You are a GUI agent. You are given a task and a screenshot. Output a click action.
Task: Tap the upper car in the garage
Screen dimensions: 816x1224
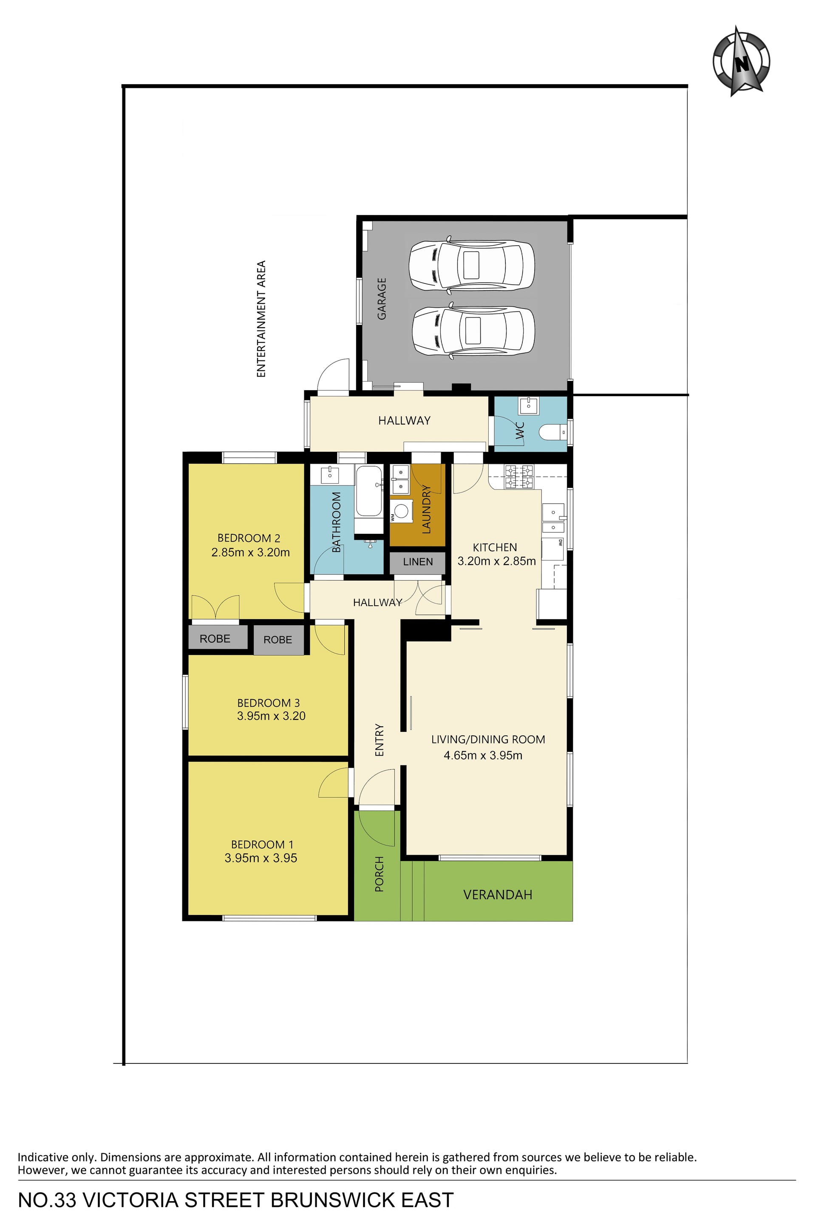click(x=471, y=264)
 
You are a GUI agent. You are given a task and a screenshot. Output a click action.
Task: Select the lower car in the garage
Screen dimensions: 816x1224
click(x=473, y=331)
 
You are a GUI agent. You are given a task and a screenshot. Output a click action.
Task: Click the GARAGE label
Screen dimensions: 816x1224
click(x=382, y=299)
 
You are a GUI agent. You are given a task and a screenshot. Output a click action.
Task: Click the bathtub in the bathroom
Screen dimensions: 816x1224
click(x=368, y=491)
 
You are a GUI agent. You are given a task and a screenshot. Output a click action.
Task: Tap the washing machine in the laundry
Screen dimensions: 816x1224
click(x=401, y=510)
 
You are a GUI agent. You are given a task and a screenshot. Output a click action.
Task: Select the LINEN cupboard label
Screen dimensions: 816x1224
click(x=418, y=561)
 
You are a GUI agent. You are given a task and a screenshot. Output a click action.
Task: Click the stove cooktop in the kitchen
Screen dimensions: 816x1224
click(x=519, y=477)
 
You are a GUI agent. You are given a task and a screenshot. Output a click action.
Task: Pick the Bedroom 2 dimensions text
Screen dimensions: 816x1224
click(x=250, y=552)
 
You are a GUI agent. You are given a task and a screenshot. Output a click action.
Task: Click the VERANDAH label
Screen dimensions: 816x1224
click(x=498, y=895)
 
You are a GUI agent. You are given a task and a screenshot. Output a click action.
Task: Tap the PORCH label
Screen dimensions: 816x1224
click(x=380, y=874)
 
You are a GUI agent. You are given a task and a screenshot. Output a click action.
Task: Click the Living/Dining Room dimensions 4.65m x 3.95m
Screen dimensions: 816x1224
click(x=483, y=755)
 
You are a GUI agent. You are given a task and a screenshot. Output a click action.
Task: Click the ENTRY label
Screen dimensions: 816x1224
click(x=380, y=740)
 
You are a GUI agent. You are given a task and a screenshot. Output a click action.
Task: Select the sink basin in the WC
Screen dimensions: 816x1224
click(x=529, y=404)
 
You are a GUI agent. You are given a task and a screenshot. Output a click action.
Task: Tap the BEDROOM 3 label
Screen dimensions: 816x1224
click(x=269, y=703)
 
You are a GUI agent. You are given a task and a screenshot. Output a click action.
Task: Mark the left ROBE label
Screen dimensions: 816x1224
click(x=215, y=638)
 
